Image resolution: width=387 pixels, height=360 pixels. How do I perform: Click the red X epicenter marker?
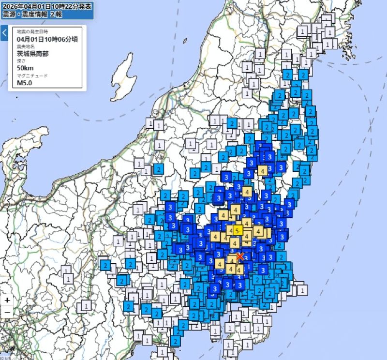point(240,256)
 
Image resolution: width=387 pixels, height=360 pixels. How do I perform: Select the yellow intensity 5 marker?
point(238,230)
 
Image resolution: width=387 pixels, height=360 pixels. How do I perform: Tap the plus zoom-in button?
point(7,300)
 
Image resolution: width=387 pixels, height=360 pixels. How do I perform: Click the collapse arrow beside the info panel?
point(4,33)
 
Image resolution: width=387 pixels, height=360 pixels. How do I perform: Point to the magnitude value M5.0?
point(25,83)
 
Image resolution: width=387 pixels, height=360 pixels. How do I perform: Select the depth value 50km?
point(25,68)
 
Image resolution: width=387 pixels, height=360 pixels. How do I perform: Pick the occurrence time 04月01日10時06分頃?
point(47,39)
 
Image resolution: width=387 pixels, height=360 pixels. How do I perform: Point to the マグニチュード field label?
point(30,75)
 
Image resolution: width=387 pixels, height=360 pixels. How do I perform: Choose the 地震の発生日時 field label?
point(30,31)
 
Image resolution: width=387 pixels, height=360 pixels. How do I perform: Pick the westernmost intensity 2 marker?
point(105,265)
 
